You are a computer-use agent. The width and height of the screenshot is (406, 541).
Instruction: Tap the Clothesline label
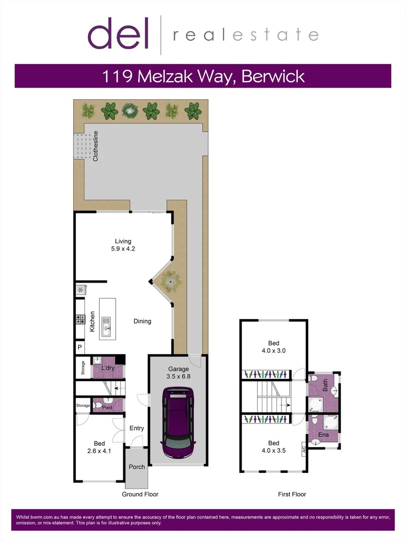(95, 146)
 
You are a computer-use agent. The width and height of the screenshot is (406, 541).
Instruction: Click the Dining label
(142, 321)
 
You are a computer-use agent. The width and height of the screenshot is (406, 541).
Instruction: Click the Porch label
(137, 467)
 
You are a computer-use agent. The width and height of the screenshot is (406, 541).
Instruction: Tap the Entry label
(137, 428)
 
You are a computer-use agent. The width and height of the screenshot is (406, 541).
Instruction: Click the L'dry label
(109, 368)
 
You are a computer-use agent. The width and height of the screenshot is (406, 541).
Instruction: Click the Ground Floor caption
(140, 494)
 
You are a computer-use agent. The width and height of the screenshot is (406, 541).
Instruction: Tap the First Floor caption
(292, 494)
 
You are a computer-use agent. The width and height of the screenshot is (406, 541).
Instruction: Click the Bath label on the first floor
(325, 385)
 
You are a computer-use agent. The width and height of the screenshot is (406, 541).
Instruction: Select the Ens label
(324, 435)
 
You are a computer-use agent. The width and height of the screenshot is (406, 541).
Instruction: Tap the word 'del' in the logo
(119, 34)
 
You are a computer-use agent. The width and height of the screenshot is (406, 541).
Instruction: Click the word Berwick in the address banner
(274, 76)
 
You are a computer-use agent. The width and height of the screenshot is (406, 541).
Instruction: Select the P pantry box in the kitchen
(79, 347)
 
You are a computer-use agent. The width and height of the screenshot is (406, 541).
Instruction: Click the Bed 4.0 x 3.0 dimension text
(273, 347)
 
